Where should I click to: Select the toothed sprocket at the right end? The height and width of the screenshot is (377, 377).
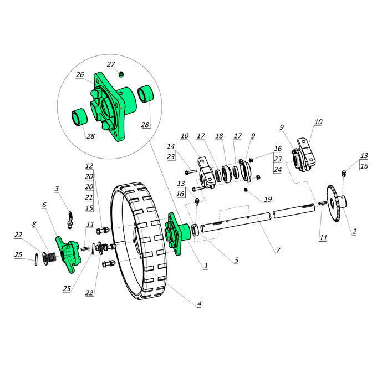(x=336, y=203)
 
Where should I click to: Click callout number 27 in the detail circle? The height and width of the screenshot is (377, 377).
(x=111, y=64)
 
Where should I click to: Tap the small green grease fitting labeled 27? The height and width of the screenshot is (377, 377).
(x=121, y=74)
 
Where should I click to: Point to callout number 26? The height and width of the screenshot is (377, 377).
(x=80, y=74)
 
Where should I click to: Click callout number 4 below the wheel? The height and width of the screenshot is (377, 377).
(x=200, y=304)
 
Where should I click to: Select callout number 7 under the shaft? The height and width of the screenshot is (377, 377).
(x=278, y=250)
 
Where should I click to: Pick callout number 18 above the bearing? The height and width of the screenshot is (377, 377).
(x=219, y=136)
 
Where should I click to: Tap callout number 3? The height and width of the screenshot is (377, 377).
(x=57, y=188)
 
